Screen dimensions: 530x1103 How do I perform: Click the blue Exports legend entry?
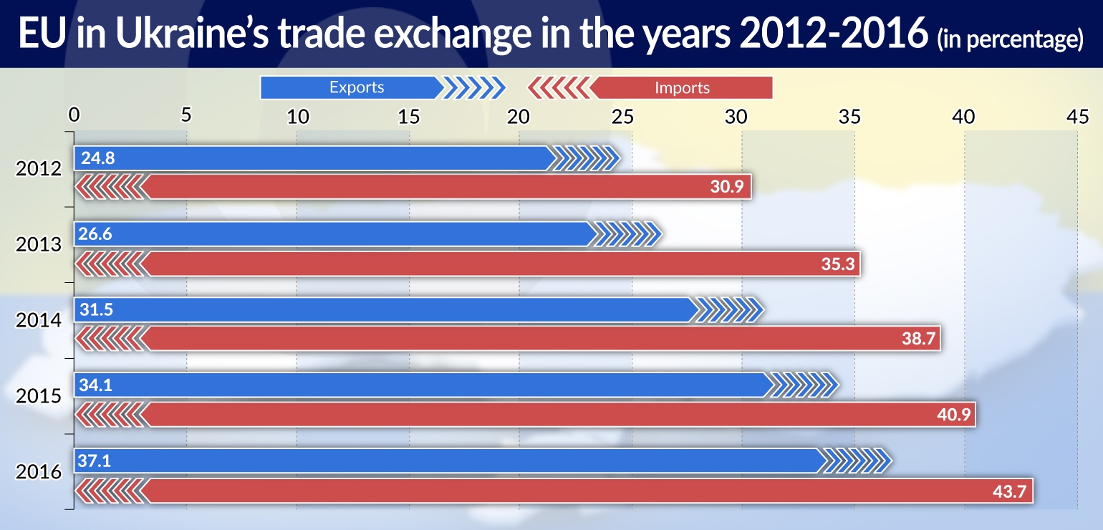357,87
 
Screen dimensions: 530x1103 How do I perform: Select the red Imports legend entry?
682,88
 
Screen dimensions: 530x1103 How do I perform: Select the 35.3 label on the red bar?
837,264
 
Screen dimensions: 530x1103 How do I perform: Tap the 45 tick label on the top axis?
1076,115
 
